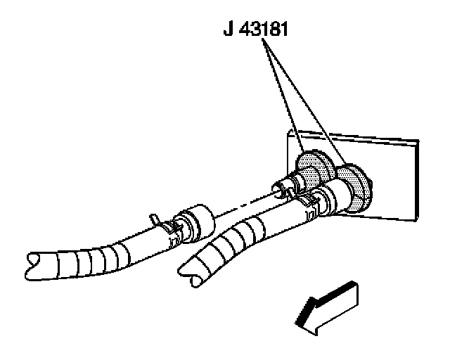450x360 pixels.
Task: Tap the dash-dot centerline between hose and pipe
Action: (x=239, y=204)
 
